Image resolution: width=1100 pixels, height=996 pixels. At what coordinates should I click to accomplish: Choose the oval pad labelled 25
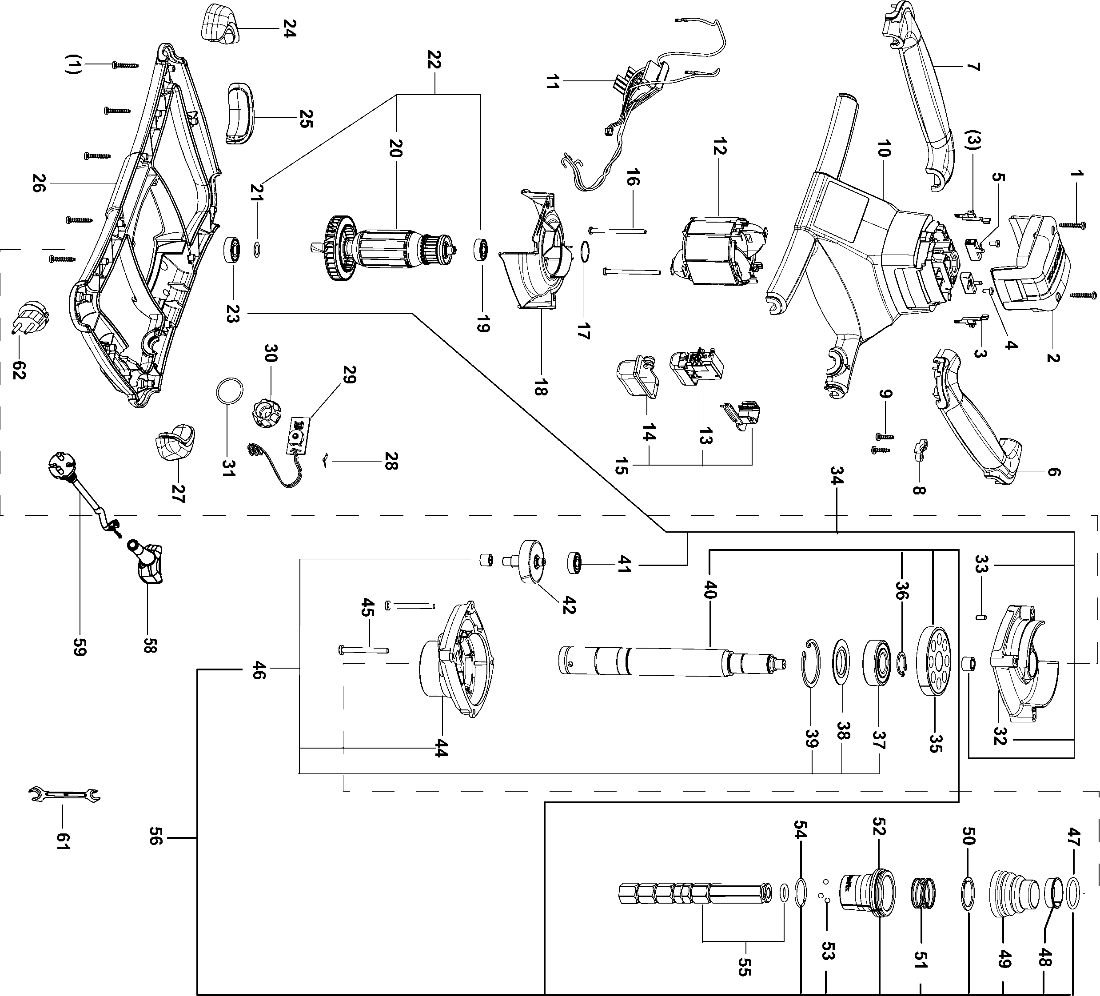239,114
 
